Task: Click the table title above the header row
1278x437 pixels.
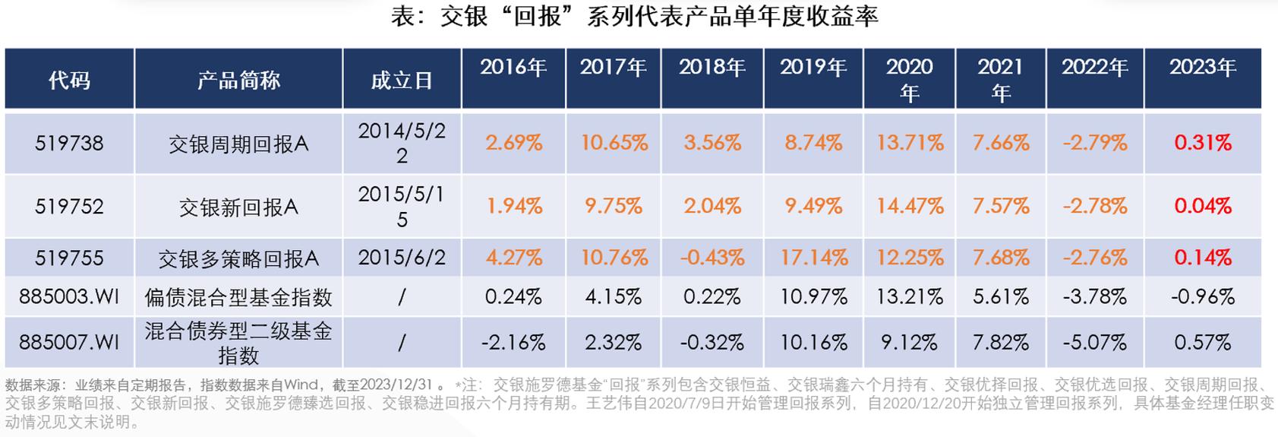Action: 634,17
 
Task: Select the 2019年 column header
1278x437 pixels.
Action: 813,68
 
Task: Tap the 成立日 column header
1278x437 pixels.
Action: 402,81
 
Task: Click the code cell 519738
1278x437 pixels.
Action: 69,143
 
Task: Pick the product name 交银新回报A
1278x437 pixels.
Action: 238,207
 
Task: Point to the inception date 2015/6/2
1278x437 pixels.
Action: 402,257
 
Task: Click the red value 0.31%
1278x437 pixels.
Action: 1203,143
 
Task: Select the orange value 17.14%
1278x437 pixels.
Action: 814,258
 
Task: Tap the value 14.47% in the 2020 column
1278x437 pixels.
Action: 910,206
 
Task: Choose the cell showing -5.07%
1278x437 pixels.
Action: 1094,342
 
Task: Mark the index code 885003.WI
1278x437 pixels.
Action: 69,296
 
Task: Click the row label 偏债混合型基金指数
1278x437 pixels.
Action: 238,297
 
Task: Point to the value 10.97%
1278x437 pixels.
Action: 814,296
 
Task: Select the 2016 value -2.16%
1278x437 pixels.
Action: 513,342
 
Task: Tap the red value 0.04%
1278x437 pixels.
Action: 1203,206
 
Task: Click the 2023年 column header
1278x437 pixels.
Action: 1203,68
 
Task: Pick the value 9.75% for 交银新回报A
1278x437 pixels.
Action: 614,206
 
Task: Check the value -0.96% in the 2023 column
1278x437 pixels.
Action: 1203,296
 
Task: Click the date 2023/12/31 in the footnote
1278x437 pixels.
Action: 396,385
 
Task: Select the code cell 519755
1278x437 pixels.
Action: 69,258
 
